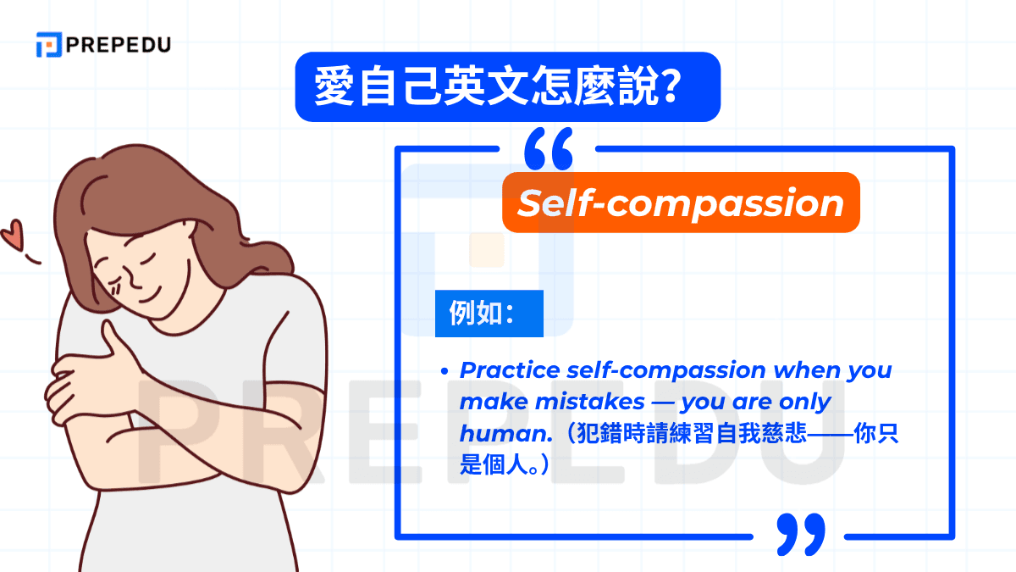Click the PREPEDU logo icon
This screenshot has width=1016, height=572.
click(48, 45)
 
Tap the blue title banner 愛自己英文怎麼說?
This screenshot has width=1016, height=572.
click(507, 86)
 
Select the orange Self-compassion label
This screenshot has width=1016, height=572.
click(681, 203)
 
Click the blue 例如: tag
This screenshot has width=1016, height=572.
click(489, 314)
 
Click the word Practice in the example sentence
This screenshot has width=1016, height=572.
click(511, 370)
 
